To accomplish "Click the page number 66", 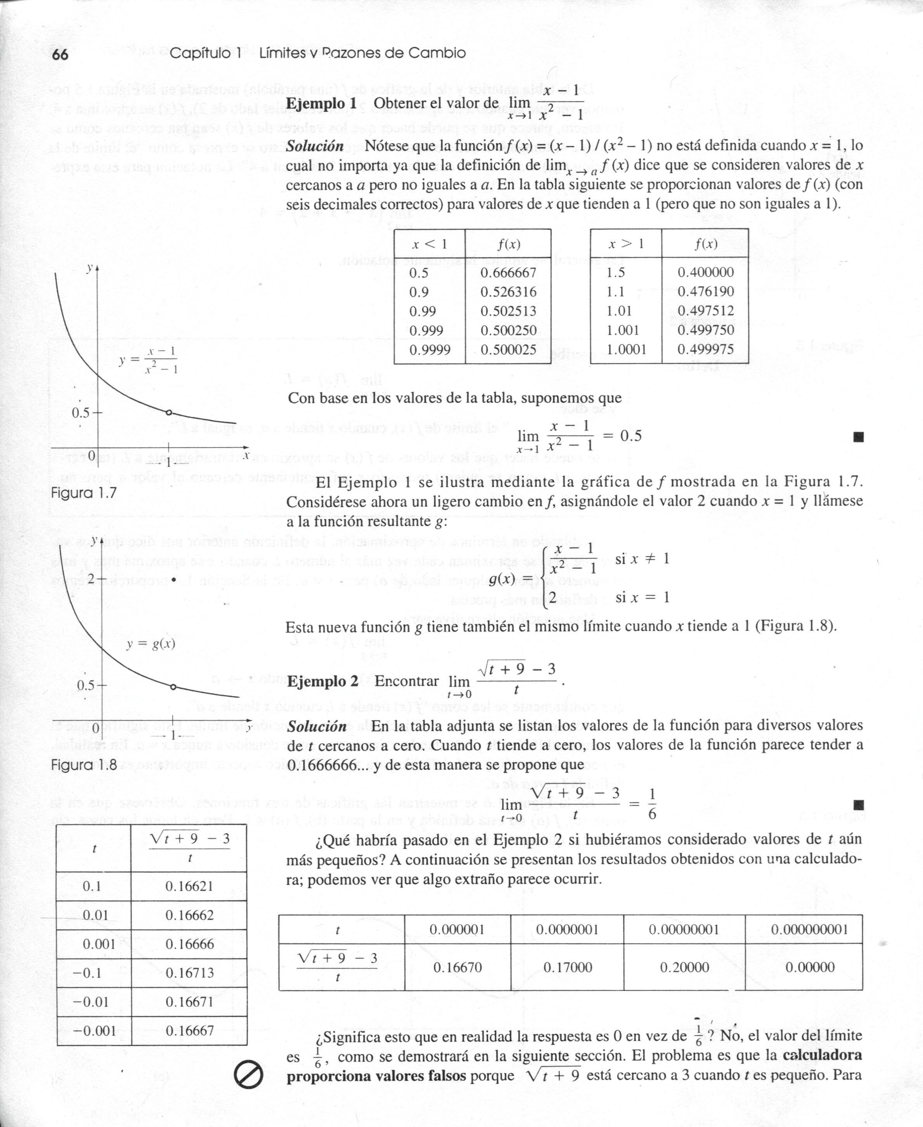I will (x=61, y=54).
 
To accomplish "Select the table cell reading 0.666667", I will (x=508, y=272).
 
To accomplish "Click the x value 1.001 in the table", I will (x=623, y=330).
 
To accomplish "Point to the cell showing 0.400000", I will (x=706, y=272).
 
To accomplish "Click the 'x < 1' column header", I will (x=429, y=244).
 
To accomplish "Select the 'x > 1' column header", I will (x=626, y=244).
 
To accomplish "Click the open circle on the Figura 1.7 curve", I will (x=168, y=413).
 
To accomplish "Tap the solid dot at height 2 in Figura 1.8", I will (x=174, y=579).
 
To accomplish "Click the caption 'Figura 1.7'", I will (x=83, y=493).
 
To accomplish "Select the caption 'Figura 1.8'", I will (x=83, y=765).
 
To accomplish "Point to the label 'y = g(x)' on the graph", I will (x=151, y=644).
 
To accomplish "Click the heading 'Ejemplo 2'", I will (x=322, y=681).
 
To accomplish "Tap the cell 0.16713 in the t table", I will (x=189, y=973).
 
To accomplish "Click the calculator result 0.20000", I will (x=684, y=967).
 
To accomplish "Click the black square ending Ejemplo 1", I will (x=857, y=437).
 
